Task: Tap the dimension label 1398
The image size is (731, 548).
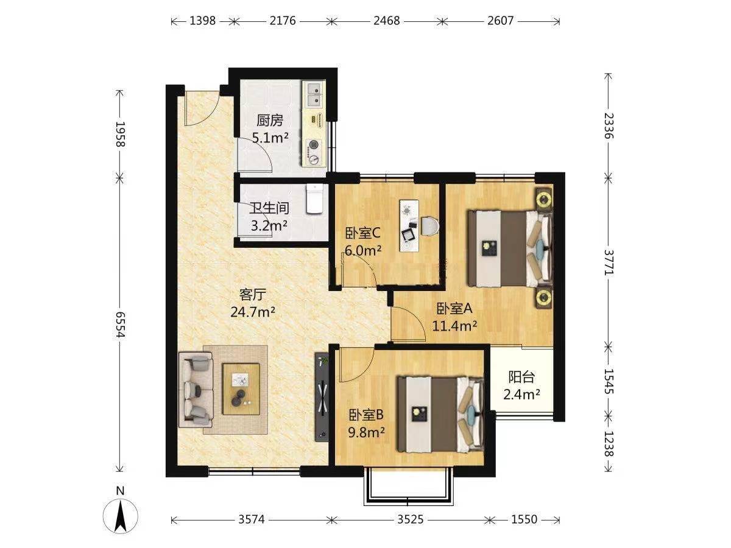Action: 202,21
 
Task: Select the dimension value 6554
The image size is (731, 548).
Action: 120,325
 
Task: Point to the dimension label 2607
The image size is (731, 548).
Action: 501,21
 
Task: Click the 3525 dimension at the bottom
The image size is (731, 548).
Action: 411,519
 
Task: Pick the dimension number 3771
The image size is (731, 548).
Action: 608,262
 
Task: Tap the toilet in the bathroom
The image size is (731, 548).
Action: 314,198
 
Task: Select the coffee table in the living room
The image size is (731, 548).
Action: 241,389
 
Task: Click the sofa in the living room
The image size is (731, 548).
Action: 196,389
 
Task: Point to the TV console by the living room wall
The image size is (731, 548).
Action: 322,397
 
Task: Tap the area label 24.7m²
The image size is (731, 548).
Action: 253,312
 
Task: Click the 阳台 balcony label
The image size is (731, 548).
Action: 521,377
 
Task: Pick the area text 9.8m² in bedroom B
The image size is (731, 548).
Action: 366,432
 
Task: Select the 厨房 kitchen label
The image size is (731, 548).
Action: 270,121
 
